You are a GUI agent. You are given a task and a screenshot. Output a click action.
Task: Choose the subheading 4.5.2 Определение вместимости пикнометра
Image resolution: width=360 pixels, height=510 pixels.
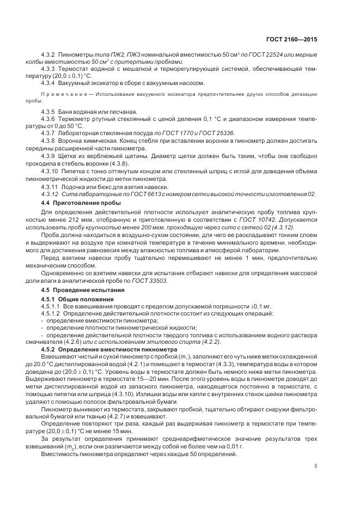pos(106,348)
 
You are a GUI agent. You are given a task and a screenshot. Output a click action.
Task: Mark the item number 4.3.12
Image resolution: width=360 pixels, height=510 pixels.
pos(50,195)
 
